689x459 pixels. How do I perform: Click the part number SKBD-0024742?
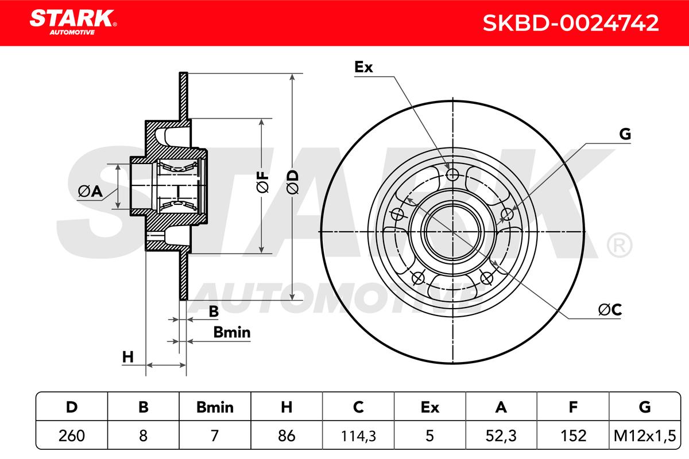pos(570,23)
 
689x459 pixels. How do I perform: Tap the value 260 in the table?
pos(72,435)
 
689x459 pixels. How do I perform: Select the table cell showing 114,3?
pos(358,435)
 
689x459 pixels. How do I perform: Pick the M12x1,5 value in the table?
pos(645,435)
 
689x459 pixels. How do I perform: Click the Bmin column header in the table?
pos(215,407)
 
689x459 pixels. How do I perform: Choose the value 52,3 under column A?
pos(501,435)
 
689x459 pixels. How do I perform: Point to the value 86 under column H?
pos(287,435)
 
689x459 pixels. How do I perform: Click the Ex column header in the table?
pos(429,407)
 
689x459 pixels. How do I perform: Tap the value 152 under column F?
pos(573,435)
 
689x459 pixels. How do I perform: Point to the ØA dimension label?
pos(89,192)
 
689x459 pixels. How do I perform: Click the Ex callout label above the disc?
pos(363,67)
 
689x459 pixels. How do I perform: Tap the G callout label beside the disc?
pos(625,134)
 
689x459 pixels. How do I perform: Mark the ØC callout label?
pos(610,310)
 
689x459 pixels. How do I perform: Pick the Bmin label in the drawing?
pos(231,332)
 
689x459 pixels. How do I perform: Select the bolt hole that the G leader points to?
pos(507,215)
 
